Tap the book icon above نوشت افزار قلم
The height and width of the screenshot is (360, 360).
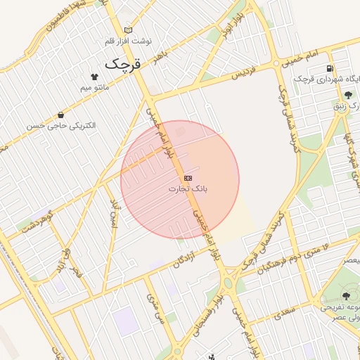[127, 30]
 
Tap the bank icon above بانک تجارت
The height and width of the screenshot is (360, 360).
[188, 178]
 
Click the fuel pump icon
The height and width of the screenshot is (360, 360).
[330, 68]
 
